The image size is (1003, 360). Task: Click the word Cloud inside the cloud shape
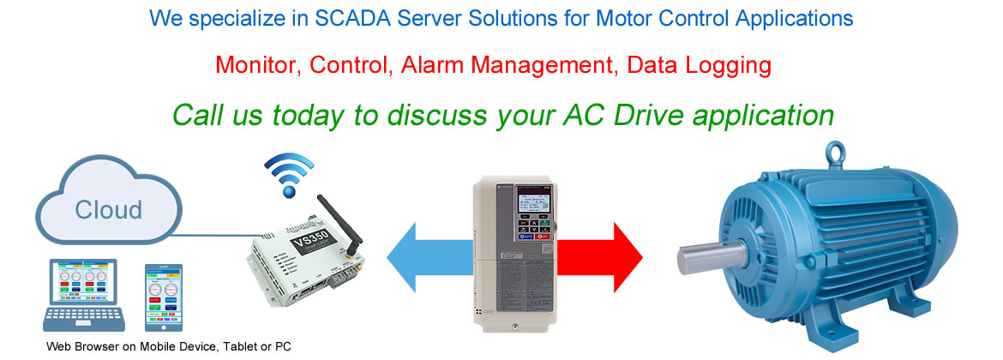[x=108, y=210]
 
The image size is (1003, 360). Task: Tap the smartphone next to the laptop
[x=165, y=297]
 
